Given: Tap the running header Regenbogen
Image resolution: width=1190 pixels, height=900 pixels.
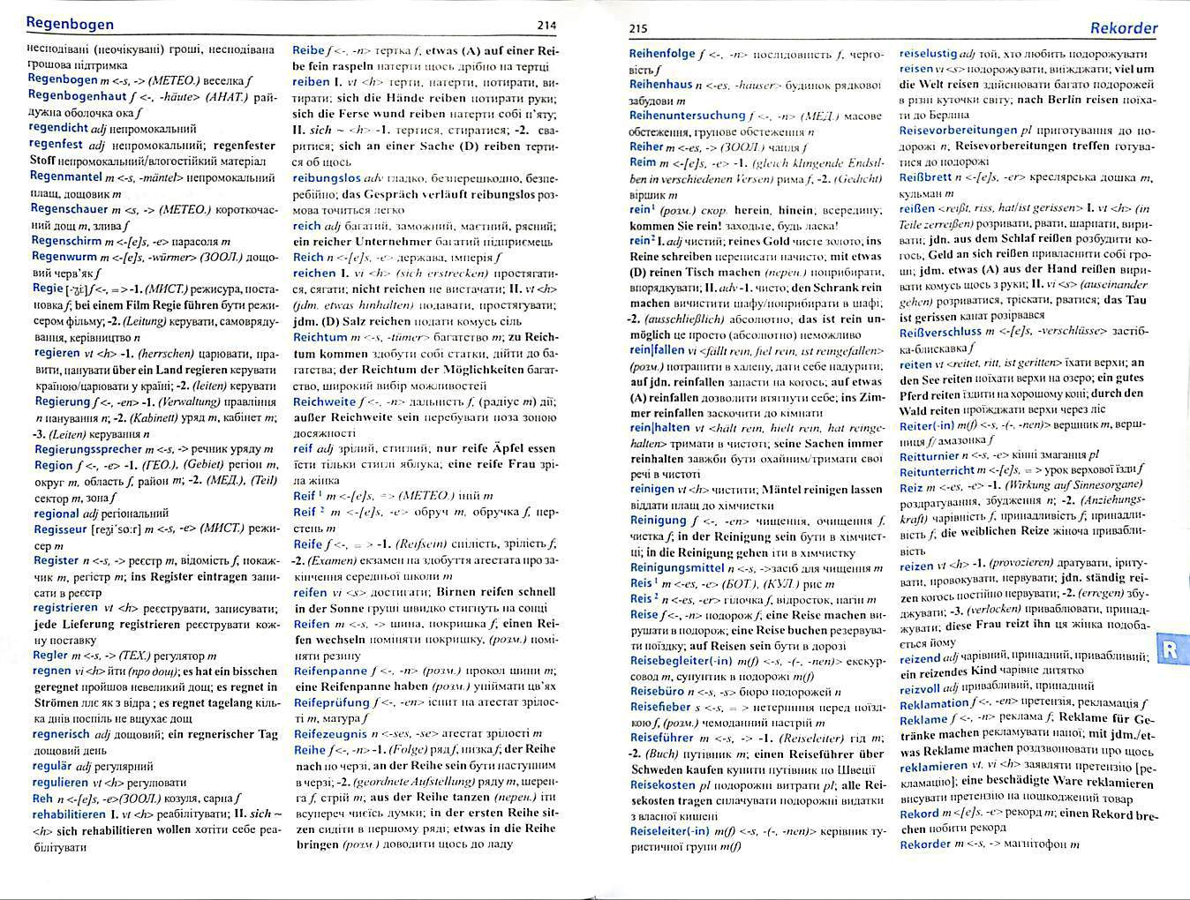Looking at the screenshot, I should tap(70, 24).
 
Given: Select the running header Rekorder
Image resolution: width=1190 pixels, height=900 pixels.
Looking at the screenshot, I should tap(1123, 28).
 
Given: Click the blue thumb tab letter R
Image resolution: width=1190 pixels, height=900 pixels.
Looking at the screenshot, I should tap(1171, 650).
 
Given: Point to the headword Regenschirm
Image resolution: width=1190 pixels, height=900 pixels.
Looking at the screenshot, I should tap(66, 241).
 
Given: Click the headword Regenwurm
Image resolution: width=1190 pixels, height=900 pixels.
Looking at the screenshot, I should tap(64, 257).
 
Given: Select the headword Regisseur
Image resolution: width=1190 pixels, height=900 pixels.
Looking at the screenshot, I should tap(61, 530).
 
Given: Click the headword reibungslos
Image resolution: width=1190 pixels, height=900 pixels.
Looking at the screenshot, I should tap(327, 177).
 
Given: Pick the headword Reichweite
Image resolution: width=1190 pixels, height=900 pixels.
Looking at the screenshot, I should tap(324, 401).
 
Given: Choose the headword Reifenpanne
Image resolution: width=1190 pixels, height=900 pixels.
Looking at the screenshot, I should tap(330, 671).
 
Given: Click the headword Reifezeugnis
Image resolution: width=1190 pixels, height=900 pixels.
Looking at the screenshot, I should tap(331, 733).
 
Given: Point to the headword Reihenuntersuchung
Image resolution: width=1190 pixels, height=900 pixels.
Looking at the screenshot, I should tap(688, 116).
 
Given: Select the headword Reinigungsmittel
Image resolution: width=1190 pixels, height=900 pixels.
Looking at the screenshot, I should tap(677, 568).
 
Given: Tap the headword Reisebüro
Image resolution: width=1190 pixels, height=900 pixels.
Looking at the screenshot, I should tap(658, 692).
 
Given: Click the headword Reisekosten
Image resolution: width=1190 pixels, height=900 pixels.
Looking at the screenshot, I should tap(663, 784).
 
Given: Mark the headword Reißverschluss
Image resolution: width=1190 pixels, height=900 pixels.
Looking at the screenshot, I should tap(940, 332).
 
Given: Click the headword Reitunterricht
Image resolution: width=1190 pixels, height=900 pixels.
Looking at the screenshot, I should tap(937, 471).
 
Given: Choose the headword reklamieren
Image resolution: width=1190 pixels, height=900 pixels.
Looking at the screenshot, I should tap(933, 766).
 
